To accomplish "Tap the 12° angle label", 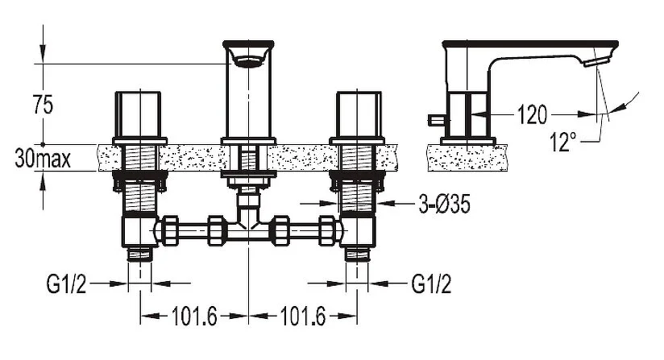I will (564, 143).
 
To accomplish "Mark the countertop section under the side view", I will (467, 156).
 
